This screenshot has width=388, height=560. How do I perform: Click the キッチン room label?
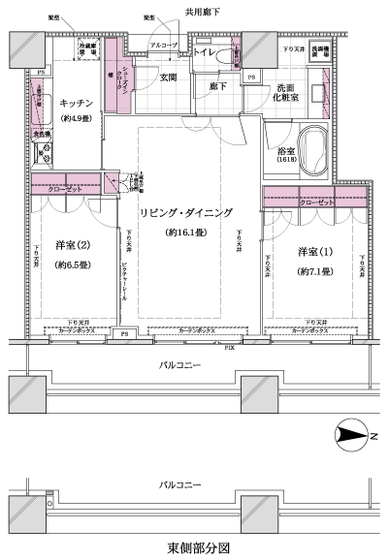[75, 102]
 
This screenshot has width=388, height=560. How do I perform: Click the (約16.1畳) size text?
[186, 233]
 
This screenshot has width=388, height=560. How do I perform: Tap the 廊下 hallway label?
[215, 85]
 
